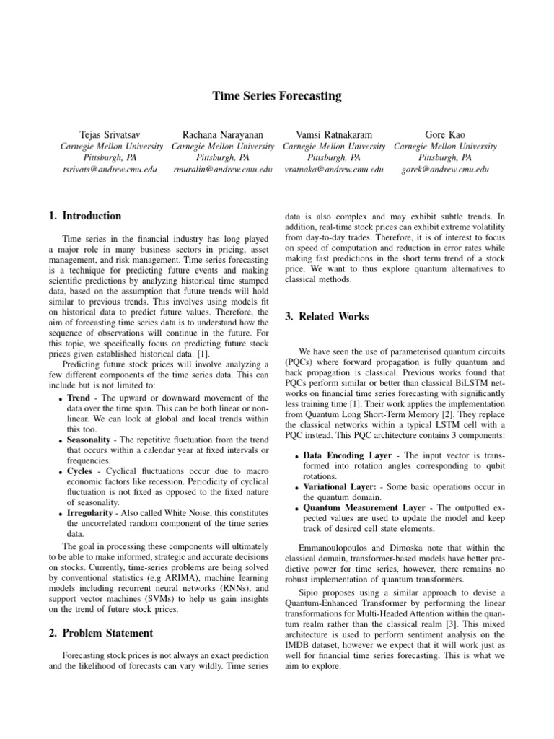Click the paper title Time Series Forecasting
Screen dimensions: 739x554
[x=276, y=95]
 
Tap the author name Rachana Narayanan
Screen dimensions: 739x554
[x=223, y=134]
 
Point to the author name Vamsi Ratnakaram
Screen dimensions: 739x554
[x=334, y=134]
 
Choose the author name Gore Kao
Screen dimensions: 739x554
[x=445, y=134]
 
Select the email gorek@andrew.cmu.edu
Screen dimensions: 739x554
[x=445, y=170]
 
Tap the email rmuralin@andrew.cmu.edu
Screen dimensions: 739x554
[x=223, y=170]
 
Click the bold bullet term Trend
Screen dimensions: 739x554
[x=79, y=398]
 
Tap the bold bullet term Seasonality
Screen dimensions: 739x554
[x=89, y=439]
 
